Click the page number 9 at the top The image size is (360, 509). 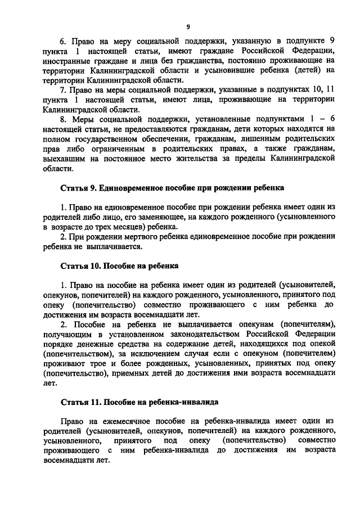(x=188, y=26)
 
